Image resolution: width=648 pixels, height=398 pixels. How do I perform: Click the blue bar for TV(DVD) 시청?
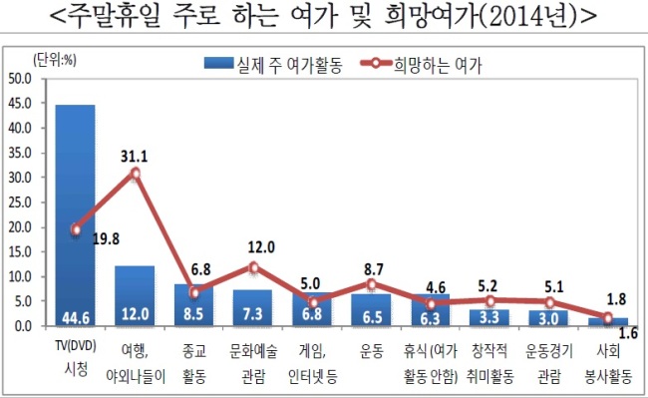[75, 215]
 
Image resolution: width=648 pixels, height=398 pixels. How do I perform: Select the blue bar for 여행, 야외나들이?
[135, 296]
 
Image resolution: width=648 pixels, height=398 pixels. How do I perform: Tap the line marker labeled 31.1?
[136, 174]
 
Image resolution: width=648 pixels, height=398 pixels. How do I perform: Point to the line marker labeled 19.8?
[76, 229]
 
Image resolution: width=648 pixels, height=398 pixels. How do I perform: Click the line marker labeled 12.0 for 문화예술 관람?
[254, 267]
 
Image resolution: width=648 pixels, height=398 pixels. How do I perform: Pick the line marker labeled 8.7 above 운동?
[372, 284]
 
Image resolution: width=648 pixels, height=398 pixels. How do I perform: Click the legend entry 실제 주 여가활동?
[273, 65]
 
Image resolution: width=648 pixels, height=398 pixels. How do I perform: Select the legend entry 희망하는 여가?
[421, 65]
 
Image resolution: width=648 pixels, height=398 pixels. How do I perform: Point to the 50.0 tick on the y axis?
[20, 79]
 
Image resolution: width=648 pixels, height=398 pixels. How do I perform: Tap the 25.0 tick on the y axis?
[20, 202]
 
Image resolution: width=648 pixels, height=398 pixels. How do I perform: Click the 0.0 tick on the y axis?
[23, 326]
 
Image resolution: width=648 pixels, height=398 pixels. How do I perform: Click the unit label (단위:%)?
[55, 60]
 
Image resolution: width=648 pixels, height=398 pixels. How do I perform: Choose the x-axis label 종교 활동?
[194, 364]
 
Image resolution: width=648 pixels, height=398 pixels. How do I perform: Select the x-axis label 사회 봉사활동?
[608, 364]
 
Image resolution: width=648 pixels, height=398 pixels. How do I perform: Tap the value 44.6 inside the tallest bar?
[76, 318]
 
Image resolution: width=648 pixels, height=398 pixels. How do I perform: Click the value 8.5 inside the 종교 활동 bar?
[193, 314]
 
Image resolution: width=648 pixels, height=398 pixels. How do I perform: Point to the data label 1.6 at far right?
[628, 333]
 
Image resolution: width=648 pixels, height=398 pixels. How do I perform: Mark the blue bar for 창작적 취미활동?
[489, 318]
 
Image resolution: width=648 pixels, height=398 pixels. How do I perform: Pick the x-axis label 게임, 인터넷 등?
[312, 364]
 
